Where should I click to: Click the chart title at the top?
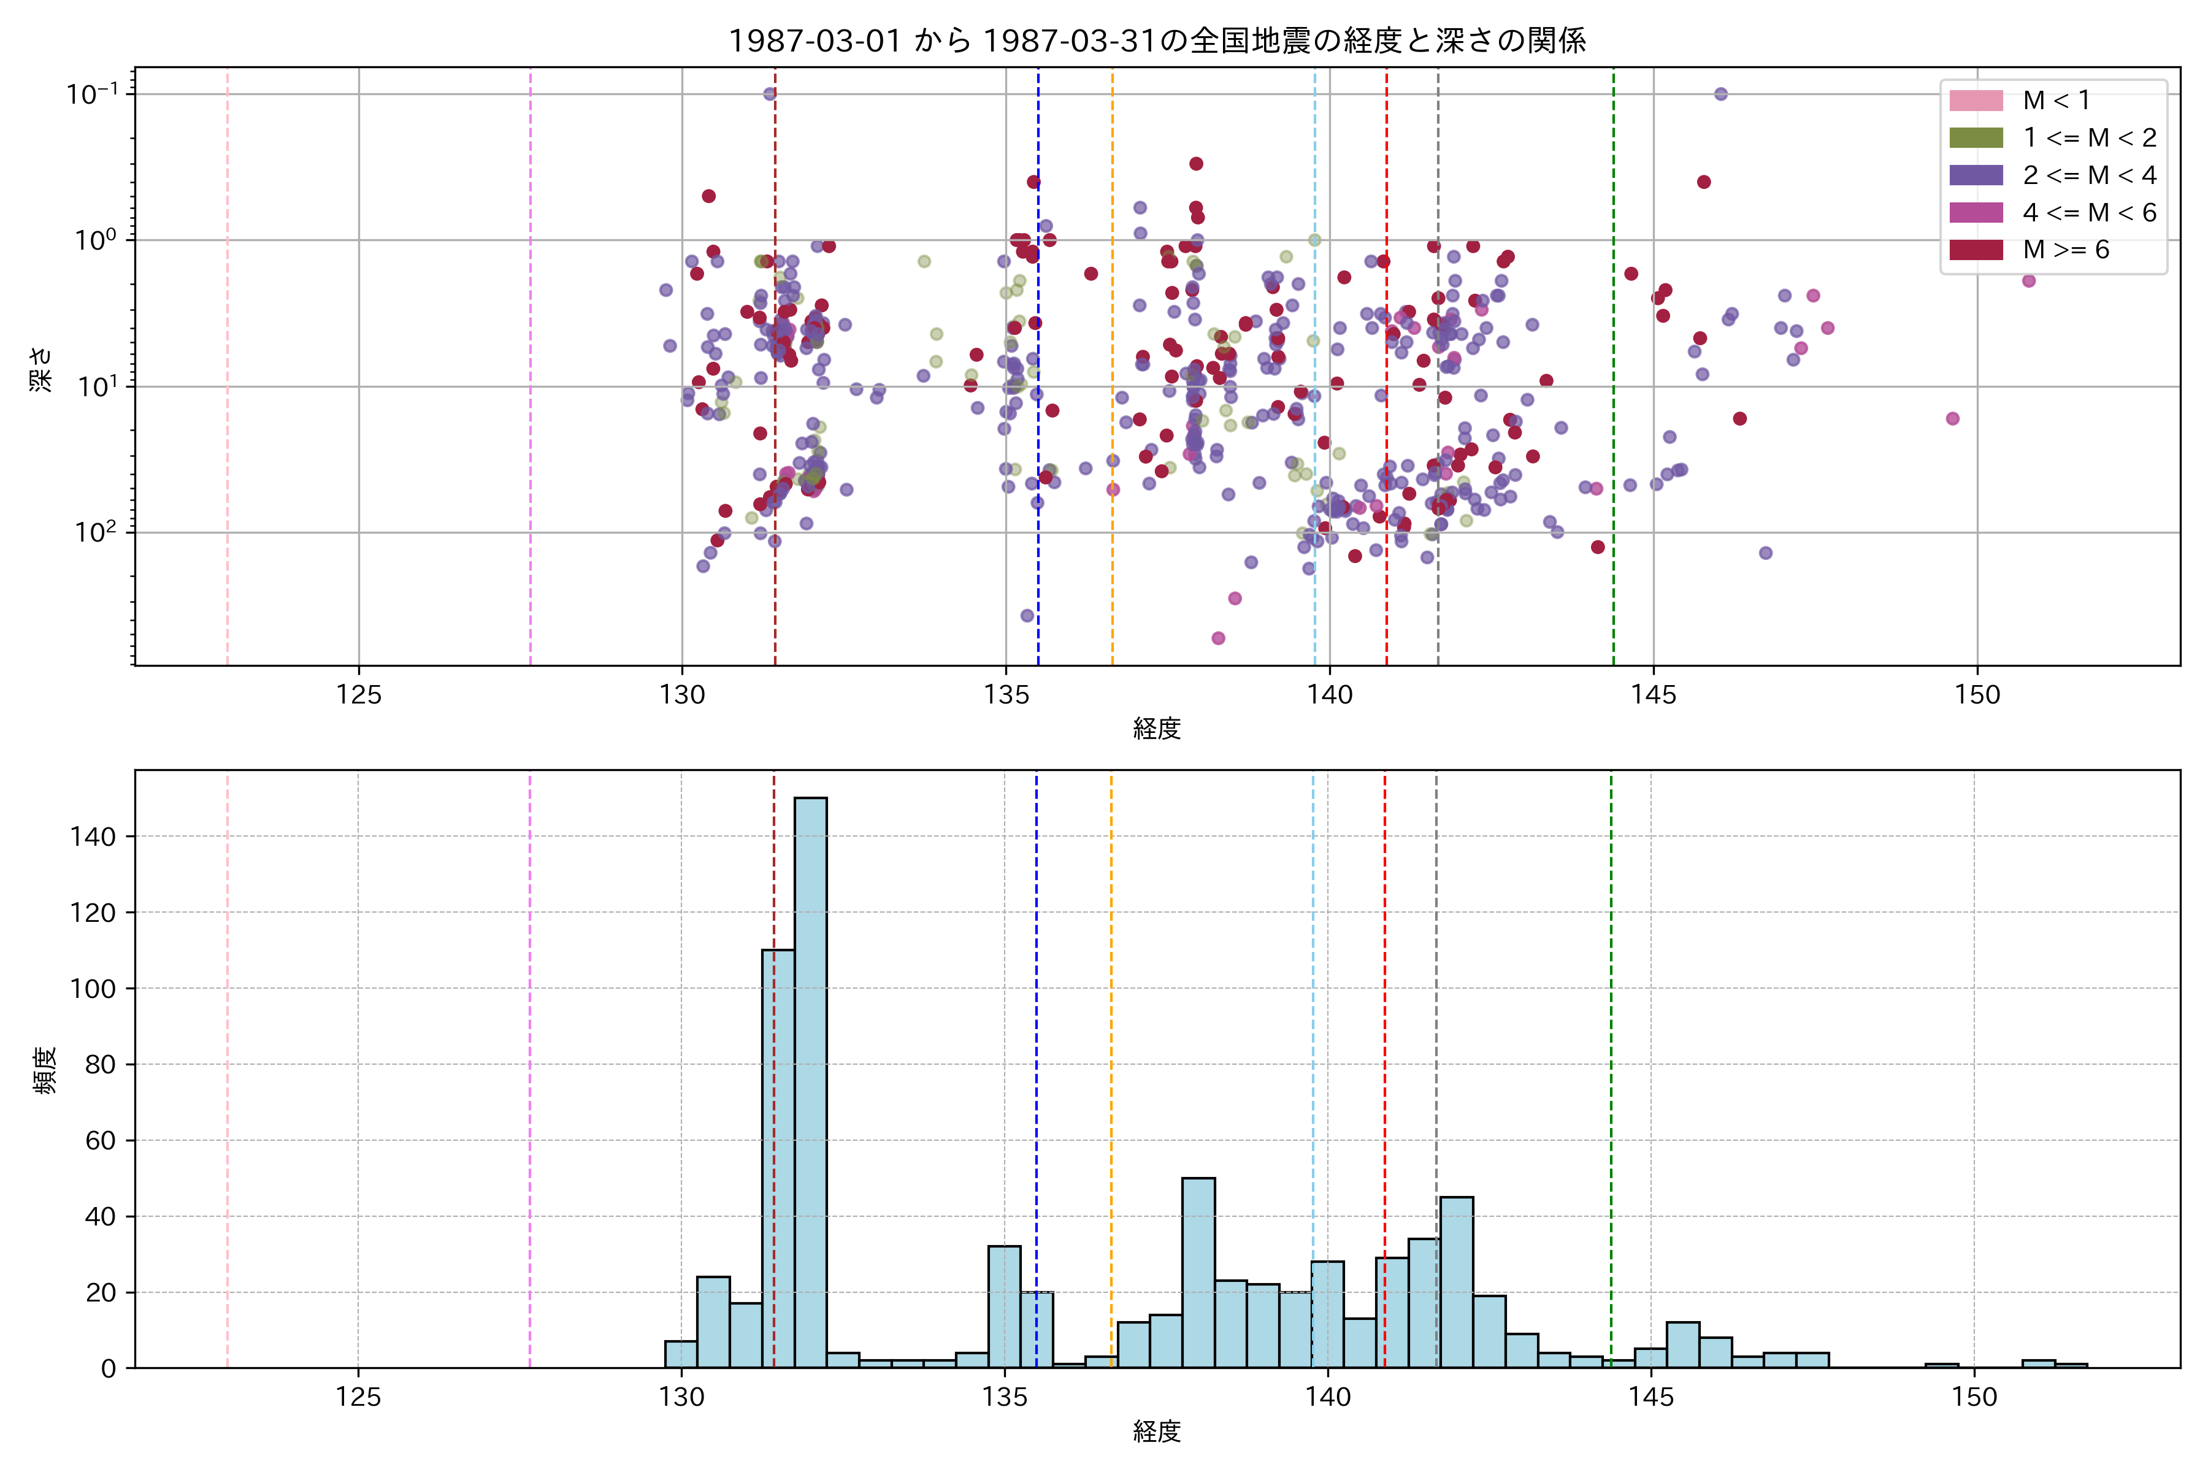click(x=1157, y=40)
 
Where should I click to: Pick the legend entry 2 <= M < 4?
click(x=2089, y=175)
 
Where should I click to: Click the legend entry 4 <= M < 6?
click(x=2089, y=213)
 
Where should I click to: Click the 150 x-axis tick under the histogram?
click(x=1974, y=1398)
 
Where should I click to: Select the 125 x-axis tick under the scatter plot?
click(x=359, y=696)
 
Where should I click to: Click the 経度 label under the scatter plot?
click(x=1157, y=729)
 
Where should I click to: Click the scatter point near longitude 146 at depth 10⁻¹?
click(x=1721, y=94)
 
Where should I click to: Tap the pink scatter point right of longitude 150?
click(x=2029, y=281)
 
